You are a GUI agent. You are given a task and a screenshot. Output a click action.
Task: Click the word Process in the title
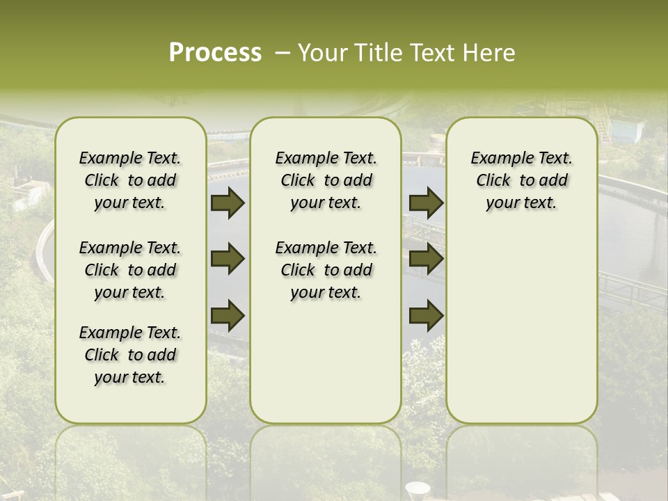click(x=215, y=53)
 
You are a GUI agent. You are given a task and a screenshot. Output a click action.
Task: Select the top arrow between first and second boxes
click(x=228, y=203)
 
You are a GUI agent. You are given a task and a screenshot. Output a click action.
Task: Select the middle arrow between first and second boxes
click(x=228, y=260)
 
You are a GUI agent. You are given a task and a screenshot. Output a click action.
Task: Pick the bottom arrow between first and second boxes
click(x=228, y=316)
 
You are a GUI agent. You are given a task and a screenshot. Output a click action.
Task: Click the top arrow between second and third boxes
click(x=426, y=203)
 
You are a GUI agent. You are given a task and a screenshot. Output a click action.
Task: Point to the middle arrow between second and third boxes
click(x=426, y=260)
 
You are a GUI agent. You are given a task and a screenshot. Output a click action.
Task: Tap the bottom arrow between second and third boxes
click(x=426, y=316)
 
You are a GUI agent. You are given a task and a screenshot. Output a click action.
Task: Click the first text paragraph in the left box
click(x=130, y=180)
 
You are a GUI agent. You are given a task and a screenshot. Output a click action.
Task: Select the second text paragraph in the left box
click(x=130, y=270)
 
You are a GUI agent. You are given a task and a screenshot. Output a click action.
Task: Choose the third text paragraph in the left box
click(x=130, y=355)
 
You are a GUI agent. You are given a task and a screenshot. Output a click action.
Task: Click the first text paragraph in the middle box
click(x=326, y=180)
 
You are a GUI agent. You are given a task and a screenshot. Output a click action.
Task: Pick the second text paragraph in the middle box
click(x=326, y=270)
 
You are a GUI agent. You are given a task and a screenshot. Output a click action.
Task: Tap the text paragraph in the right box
click(x=521, y=180)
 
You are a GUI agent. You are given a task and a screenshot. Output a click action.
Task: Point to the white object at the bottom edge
click(x=417, y=490)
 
